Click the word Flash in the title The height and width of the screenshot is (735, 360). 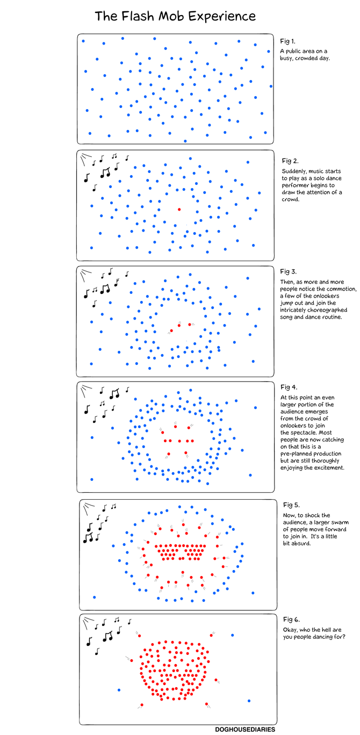coord(138,16)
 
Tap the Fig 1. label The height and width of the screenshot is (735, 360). coord(287,41)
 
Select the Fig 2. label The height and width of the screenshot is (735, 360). coord(290,161)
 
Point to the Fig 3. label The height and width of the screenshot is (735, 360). coord(288,271)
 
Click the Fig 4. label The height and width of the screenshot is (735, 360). coord(289,387)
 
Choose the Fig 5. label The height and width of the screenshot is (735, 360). coord(291,505)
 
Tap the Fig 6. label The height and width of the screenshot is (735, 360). coord(291,619)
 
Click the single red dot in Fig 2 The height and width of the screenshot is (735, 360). coord(179,210)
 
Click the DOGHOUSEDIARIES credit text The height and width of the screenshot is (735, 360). coord(245,729)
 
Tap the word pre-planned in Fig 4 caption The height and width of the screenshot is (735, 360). coord(294,454)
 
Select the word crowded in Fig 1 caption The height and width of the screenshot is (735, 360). coord(307,59)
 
